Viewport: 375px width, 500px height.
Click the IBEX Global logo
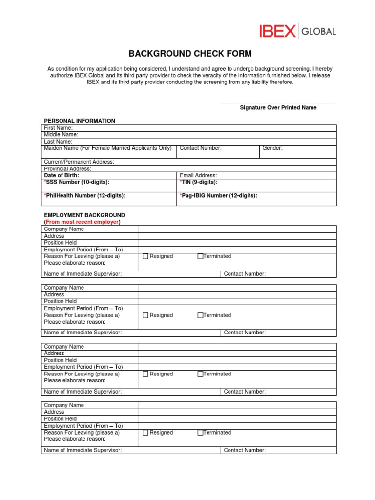pos(297,32)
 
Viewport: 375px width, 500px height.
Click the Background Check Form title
pos(190,54)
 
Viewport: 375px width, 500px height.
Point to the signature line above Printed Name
pos(278,104)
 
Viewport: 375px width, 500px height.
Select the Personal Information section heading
pos(80,121)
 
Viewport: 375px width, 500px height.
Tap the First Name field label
pos(59,128)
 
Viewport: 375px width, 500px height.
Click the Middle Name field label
pos(61,135)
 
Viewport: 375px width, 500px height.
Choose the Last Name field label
pos(58,142)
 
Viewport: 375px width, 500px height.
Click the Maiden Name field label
pos(108,148)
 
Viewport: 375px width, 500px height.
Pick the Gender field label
pos(272,148)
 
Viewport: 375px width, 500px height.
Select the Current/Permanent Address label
pos(79,162)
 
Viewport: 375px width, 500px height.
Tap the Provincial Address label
pos(68,168)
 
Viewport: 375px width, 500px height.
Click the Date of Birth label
pos(62,175)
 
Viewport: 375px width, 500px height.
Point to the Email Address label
pos(198,175)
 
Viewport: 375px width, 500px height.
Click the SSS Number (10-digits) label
pos(77,182)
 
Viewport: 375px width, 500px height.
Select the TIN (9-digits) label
pos(199,182)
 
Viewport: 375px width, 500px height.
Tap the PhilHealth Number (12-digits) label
pos(85,196)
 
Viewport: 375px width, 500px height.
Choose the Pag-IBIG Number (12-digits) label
pos(218,196)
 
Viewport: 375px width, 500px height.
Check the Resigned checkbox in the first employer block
pos(146,256)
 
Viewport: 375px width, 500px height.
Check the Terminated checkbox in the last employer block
pos(200,433)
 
